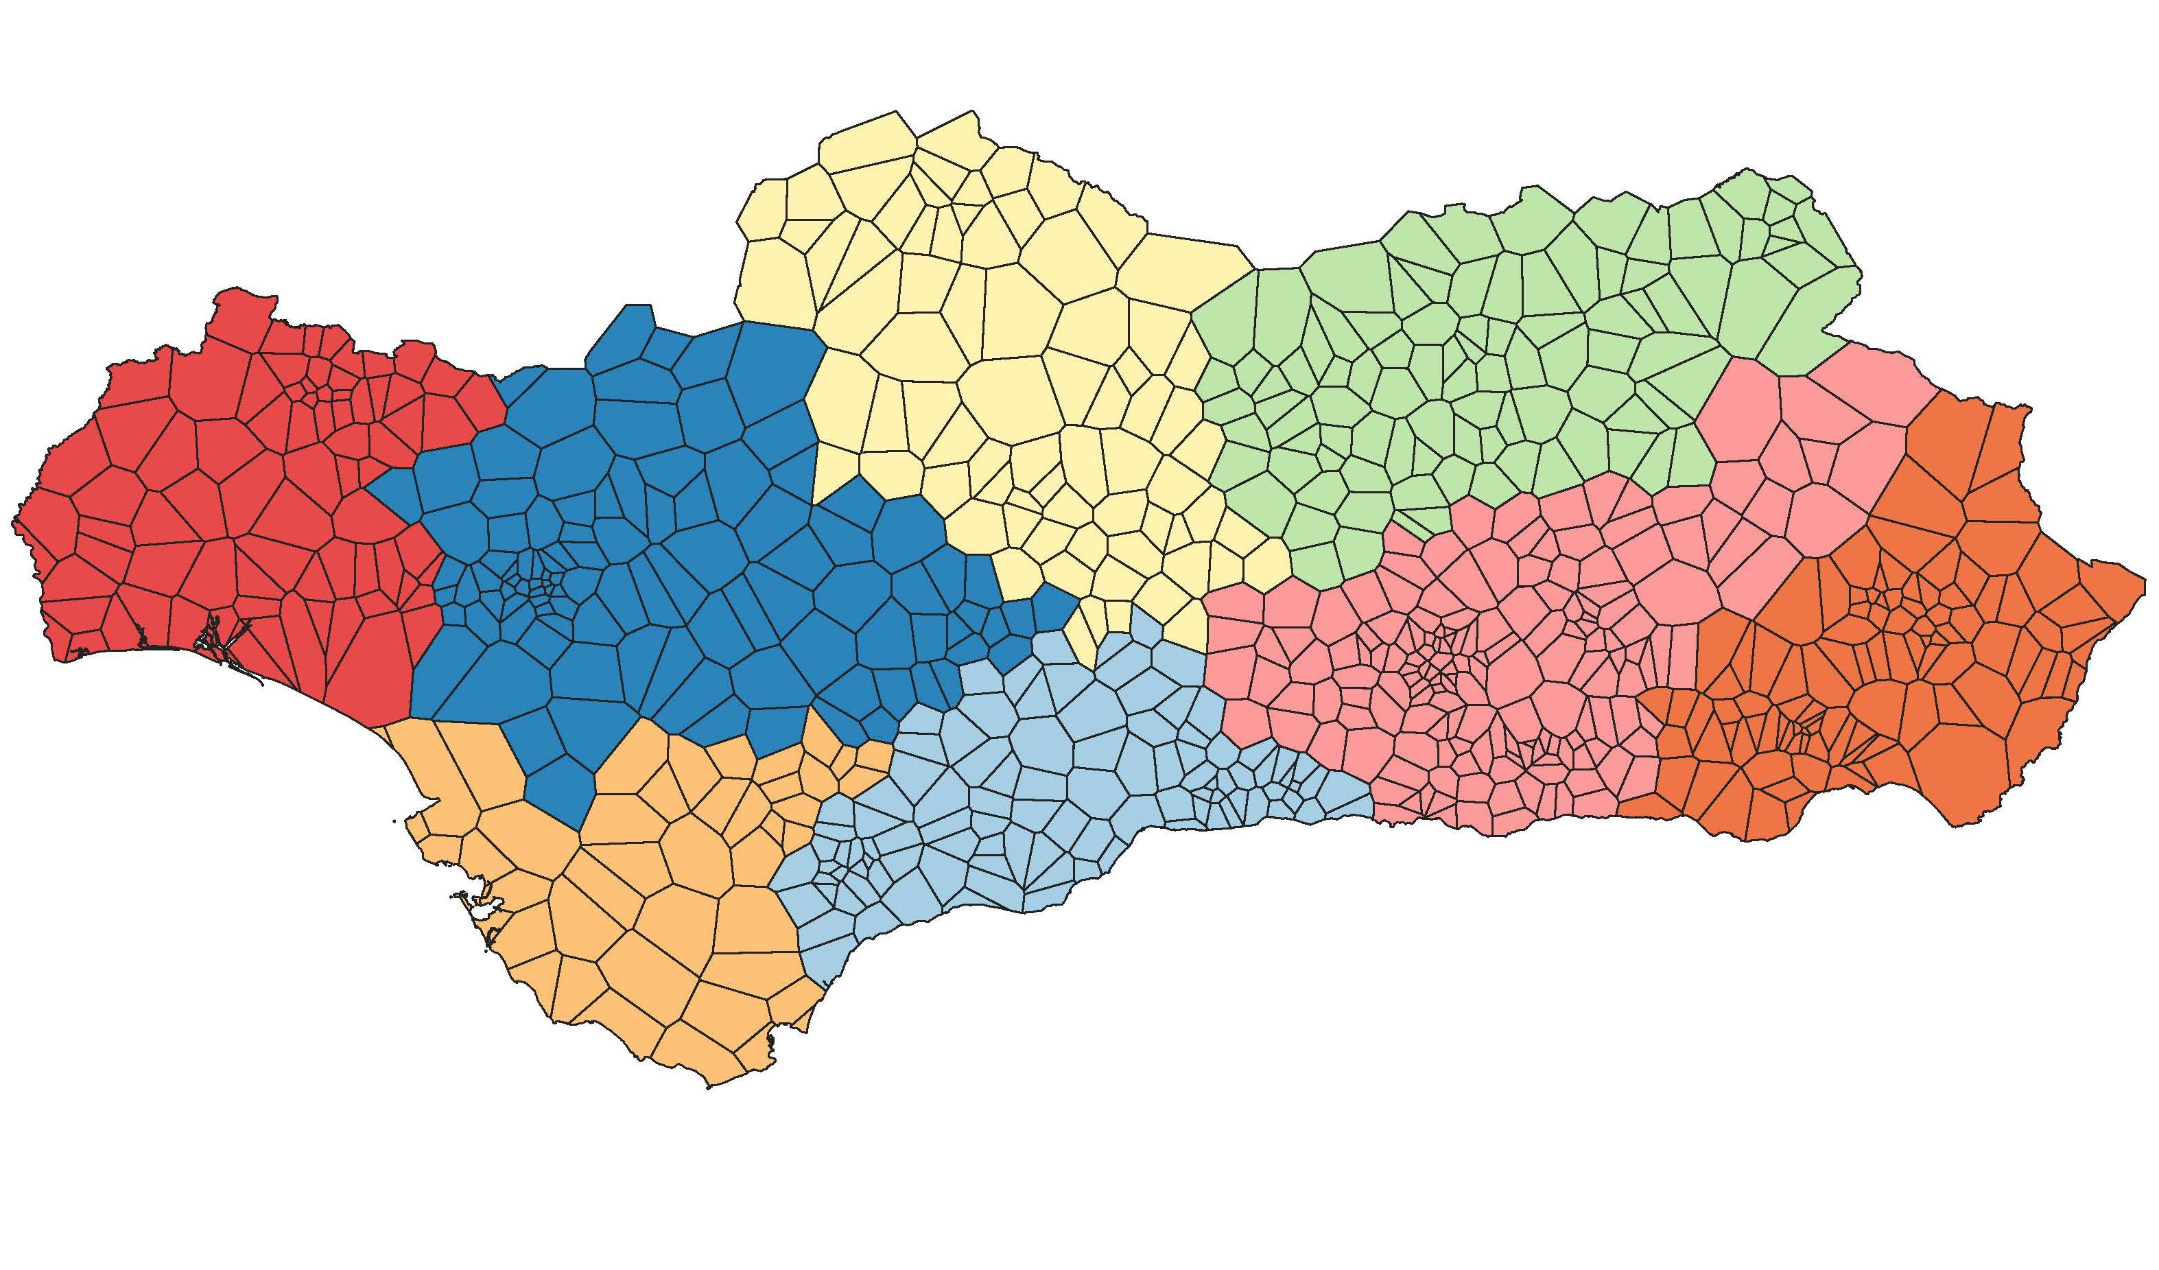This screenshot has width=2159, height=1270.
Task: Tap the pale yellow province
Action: [x=985, y=343]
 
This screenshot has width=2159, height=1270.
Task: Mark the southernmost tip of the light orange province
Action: [x=709, y=1087]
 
